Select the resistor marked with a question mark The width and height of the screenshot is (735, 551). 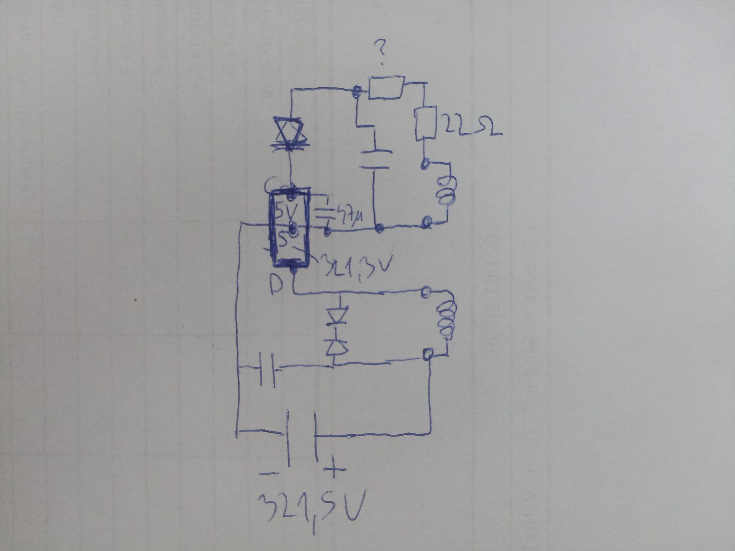386,88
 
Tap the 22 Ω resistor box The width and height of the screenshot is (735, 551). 426,122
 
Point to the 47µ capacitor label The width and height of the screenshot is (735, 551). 348,218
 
